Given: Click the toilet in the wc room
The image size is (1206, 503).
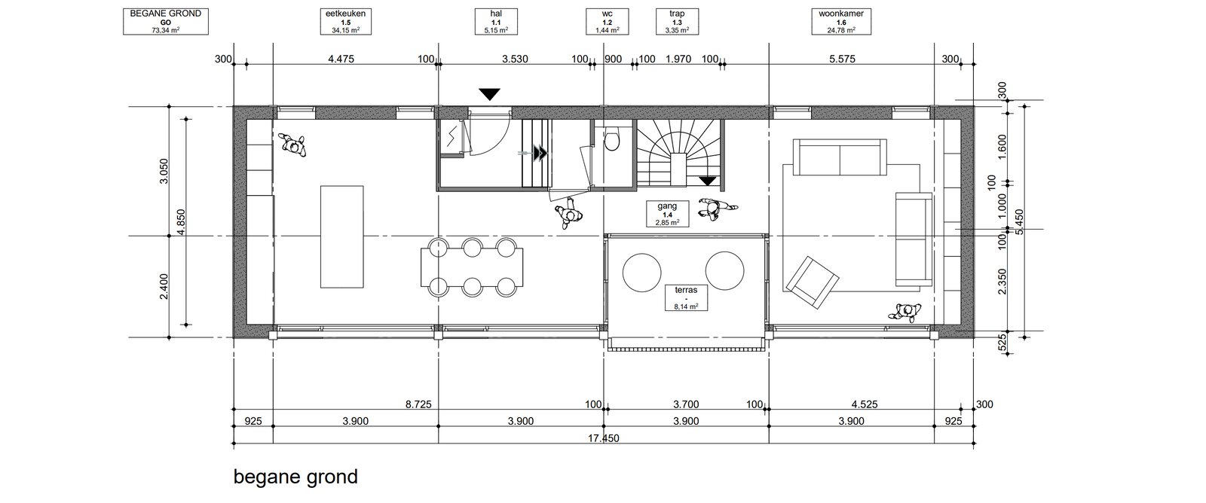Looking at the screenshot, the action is click(611, 140).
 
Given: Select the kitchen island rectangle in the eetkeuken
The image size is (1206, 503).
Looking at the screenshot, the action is click(342, 236).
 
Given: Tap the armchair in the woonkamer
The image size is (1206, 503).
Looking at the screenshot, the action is click(812, 282).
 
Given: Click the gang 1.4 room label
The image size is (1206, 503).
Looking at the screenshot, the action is click(667, 214).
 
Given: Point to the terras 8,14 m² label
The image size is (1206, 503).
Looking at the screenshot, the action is click(686, 297).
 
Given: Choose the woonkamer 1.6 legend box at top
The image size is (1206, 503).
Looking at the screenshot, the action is click(841, 22).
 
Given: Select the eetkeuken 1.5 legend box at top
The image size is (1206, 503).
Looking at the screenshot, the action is click(346, 22).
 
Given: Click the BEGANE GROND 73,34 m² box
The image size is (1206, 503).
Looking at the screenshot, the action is click(166, 22).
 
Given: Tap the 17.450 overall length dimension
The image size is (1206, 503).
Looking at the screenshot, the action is click(604, 438).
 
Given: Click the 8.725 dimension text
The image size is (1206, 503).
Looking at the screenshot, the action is click(418, 404).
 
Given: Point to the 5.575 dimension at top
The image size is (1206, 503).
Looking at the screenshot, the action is click(842, 59).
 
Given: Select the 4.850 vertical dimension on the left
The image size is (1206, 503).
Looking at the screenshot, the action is click(181, 221).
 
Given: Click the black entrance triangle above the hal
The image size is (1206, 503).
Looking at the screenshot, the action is click(489, 94).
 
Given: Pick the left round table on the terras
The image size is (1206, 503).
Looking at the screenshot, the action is click(641, 272).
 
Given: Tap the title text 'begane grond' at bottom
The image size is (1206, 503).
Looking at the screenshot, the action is click(295, 477).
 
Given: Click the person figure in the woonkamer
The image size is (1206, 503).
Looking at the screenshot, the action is click(905, 312).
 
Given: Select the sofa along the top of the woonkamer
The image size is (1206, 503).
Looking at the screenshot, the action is click(840, 157).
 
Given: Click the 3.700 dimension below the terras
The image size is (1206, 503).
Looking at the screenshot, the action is click(686, 404).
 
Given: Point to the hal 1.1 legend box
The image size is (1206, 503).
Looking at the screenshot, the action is click(496, 22).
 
